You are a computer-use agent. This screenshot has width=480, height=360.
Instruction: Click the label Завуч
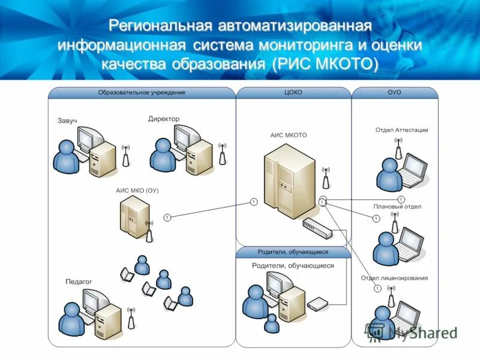coord(67,121)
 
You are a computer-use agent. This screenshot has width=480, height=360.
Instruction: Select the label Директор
coord(163,119)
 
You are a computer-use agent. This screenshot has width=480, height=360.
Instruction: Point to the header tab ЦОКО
coord(293,92)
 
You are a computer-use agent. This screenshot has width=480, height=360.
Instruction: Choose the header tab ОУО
coord(394,92)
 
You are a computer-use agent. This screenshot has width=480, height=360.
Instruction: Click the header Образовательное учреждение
coord(142,92)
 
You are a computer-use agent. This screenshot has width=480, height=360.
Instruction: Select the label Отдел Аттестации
coord(401,130)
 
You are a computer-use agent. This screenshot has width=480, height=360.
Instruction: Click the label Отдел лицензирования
coord(394,278)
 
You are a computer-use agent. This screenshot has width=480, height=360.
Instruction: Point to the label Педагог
coord(78,281)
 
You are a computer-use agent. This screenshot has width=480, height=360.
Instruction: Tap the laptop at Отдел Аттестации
coord(412,169)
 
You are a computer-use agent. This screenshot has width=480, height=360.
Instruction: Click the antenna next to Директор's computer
coord(222,154)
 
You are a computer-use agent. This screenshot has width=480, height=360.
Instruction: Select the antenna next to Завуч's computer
coord(125,155)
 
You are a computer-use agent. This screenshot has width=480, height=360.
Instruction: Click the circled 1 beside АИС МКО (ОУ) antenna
coord(167,217)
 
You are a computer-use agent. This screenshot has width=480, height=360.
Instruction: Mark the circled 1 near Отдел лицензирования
coord(377,289)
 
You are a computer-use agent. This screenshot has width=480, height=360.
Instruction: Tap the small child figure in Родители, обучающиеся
coord(271,323)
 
